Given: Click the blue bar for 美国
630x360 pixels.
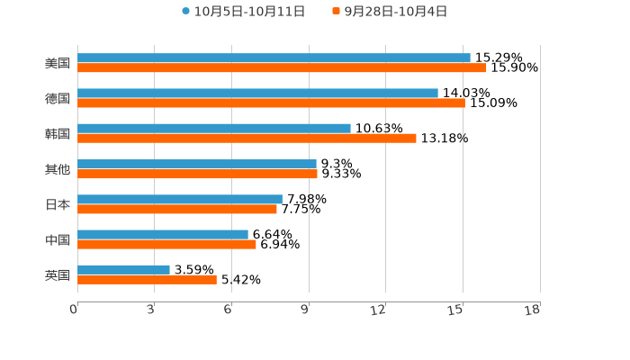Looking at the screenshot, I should (274, 58).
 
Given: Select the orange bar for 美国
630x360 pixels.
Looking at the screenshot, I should (282, 67).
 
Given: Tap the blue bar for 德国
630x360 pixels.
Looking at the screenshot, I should (257, 93).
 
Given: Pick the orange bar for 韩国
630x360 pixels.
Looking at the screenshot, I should (247, 138).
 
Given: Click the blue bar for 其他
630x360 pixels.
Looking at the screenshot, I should (197, 164).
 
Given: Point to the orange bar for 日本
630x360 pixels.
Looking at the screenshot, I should (177, 209).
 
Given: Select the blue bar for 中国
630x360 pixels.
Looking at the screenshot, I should (163, 234).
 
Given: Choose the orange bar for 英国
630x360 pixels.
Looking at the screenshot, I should (147, 279).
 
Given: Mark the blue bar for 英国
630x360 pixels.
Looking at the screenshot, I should (123, 269).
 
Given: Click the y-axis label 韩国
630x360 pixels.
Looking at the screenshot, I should (58, 133).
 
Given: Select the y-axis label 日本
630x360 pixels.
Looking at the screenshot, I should (58, 204).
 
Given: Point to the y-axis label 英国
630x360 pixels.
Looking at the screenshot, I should (58, 274).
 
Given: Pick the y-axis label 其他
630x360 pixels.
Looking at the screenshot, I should (58, 168).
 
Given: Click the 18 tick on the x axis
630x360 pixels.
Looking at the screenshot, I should (533, 310).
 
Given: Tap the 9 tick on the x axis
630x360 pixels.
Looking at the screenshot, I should (305, 310).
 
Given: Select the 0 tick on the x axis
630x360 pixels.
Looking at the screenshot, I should (75, 310).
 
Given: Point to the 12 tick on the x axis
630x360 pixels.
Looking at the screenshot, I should (379, 310).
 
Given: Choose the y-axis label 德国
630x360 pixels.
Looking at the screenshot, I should (58, 98).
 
